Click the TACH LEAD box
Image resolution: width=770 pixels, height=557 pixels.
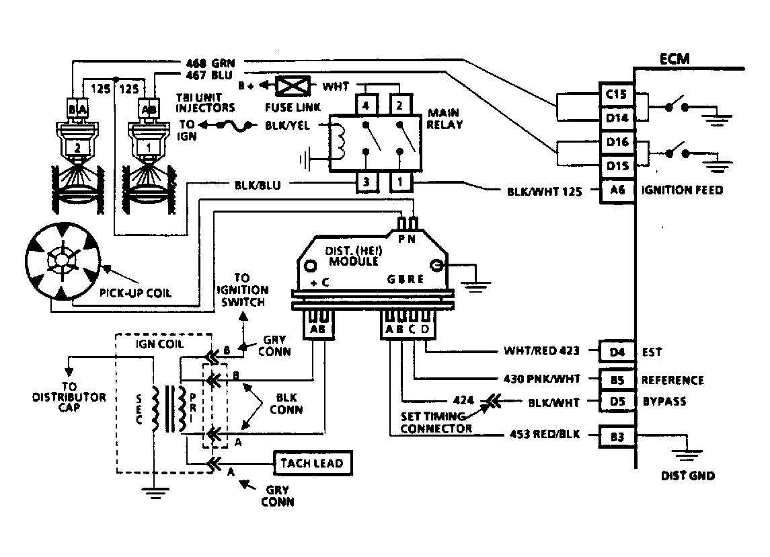pyautogui.click(x=312, y=463)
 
